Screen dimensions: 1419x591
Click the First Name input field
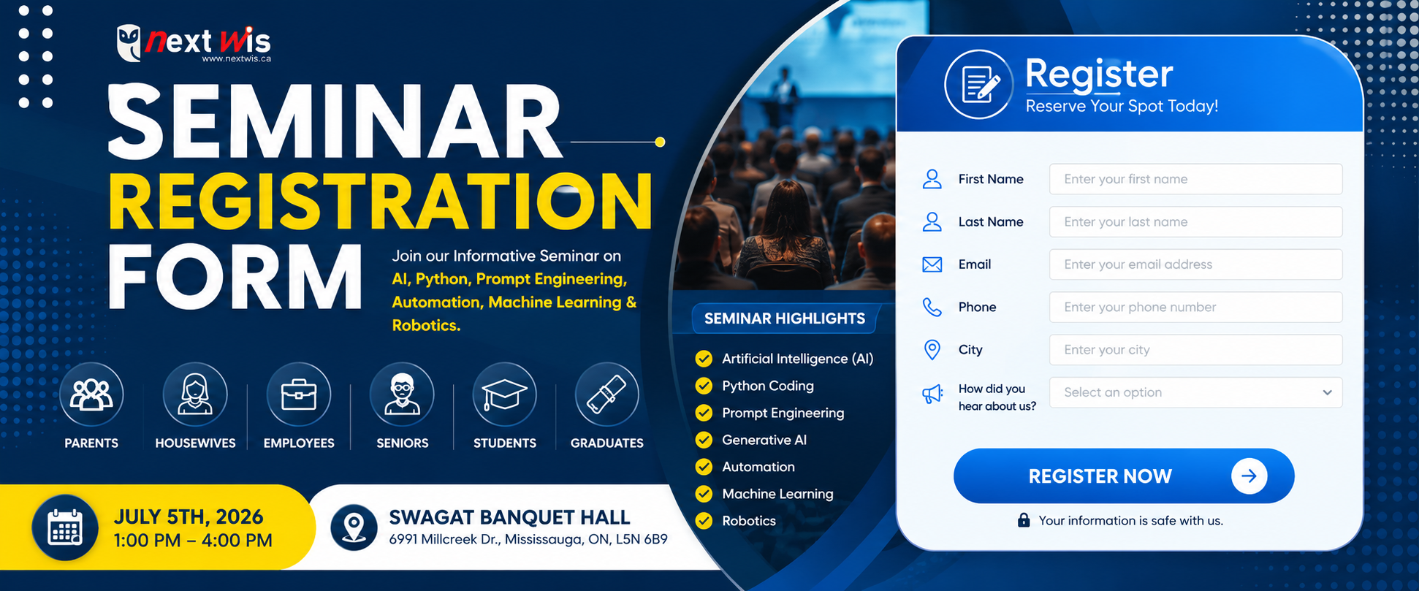click(1195, 179)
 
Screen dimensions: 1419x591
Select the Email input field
click(1195, 264)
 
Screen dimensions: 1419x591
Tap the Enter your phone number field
click(1195, 307)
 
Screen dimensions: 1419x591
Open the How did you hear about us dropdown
click(1195, 392)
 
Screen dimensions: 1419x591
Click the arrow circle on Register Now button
click(1249, 476)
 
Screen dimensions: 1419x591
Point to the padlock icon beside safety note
click(1024, 520)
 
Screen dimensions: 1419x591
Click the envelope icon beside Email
click(932, 264)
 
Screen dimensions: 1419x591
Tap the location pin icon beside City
click(932, 350)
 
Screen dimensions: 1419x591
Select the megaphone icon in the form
click(932, 394)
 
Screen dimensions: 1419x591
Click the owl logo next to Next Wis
click(129, 43)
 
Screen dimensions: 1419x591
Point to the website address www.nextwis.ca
click(237, 58)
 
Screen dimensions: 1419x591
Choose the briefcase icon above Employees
click(299, 394)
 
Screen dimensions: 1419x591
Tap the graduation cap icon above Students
click(505, 394)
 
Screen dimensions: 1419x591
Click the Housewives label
click(195, 443)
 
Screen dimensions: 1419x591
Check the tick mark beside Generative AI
click(704, 440)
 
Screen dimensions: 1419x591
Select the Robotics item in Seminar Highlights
click(749, 521)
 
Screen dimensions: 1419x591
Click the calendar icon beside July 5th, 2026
click(65, 527)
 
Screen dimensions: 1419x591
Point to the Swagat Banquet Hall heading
click(509, 517)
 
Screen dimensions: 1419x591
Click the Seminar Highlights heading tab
click(785, 319)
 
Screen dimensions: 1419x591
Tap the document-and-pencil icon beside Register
click(979, 85)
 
